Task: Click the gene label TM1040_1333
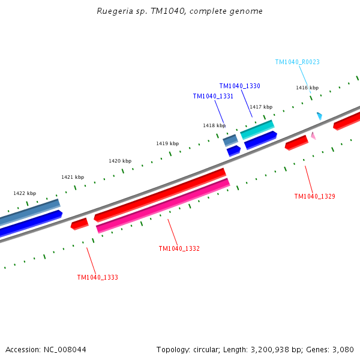(97, 277)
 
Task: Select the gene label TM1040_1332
(179, 248)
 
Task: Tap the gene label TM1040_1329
(314, 196)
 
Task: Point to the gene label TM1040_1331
(213, 96)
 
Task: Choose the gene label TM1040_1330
(239, 86)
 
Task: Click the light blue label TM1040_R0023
(297, 62)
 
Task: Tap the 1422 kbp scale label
(25, 193)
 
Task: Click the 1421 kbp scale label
(73, 177)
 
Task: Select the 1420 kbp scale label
(120, 161)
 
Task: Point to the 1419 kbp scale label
(167, 143)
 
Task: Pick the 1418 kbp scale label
(214, 125)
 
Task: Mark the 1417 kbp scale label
(261, 107)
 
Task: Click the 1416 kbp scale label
(307, 88)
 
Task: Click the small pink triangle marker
(313, 136)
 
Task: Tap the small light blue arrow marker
(320, 115)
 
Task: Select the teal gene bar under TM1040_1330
(257, 130)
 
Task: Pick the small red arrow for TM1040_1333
(79, 224)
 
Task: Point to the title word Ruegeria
(115, 11)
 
